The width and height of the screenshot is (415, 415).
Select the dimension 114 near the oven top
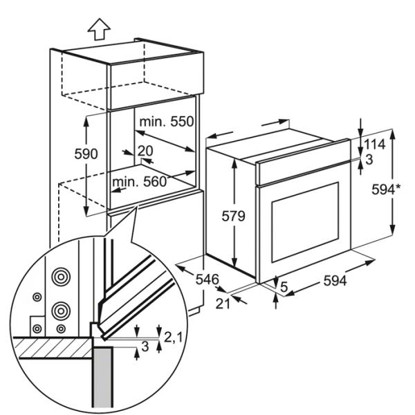(375, 145)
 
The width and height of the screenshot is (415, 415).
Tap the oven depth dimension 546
(206, 279)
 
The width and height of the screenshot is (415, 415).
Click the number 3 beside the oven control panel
(370, 160)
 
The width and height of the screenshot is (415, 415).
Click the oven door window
(304, 221)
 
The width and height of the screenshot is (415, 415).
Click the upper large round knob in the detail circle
(62, 277)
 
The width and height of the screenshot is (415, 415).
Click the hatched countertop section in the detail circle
(55, 347)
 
